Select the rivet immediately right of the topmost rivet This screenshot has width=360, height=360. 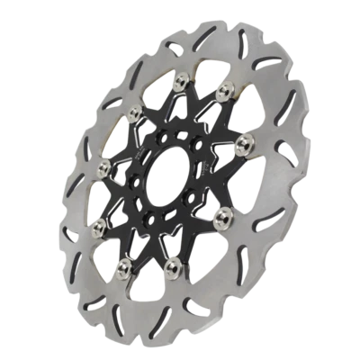222,90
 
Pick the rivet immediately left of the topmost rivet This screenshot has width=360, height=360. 136,112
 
